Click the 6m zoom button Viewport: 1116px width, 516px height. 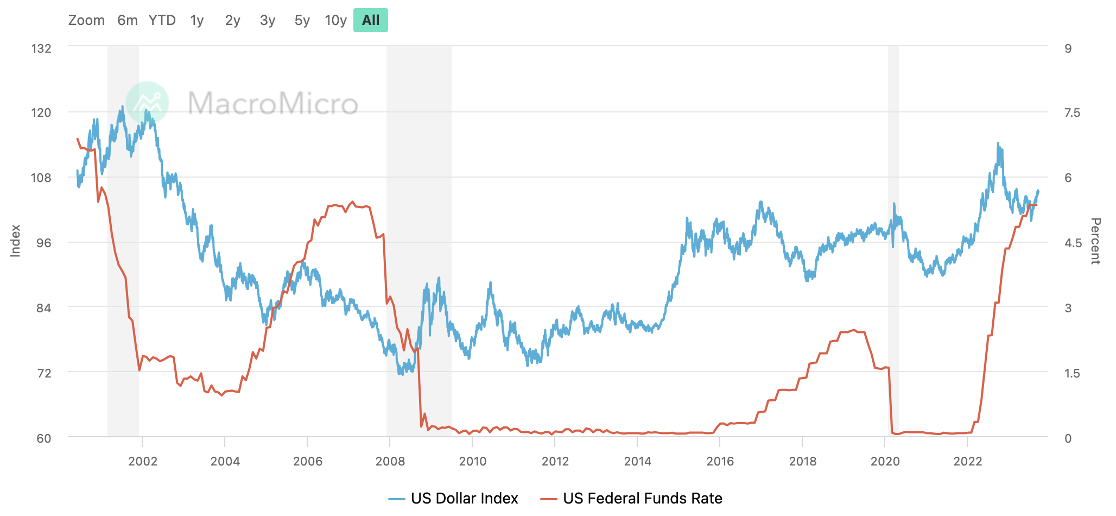[127, 21]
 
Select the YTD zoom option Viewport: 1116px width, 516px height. [162, 21]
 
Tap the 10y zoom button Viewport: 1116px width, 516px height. [335, 21]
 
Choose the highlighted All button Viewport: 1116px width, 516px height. [371, 21]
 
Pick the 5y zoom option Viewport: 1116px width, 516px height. [302, 21]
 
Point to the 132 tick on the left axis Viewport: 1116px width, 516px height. [41, 48]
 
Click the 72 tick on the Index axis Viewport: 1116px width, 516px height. [43, 373]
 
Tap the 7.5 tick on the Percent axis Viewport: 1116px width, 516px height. [1072, 113]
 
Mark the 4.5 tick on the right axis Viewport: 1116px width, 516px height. [1073, 243]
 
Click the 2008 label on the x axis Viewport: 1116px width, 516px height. [390, 462]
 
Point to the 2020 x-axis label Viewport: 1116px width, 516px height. [885, 462]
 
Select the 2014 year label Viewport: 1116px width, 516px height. [637, 462]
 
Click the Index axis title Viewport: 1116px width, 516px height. [15, 241]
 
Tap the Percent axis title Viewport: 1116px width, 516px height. [1095, 241]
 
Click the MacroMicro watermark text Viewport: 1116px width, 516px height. [272, 103]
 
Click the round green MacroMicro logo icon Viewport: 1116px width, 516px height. [147, 103]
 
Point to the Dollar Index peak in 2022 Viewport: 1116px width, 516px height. [998, 144]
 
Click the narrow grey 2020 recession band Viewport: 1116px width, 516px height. [893, 239]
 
